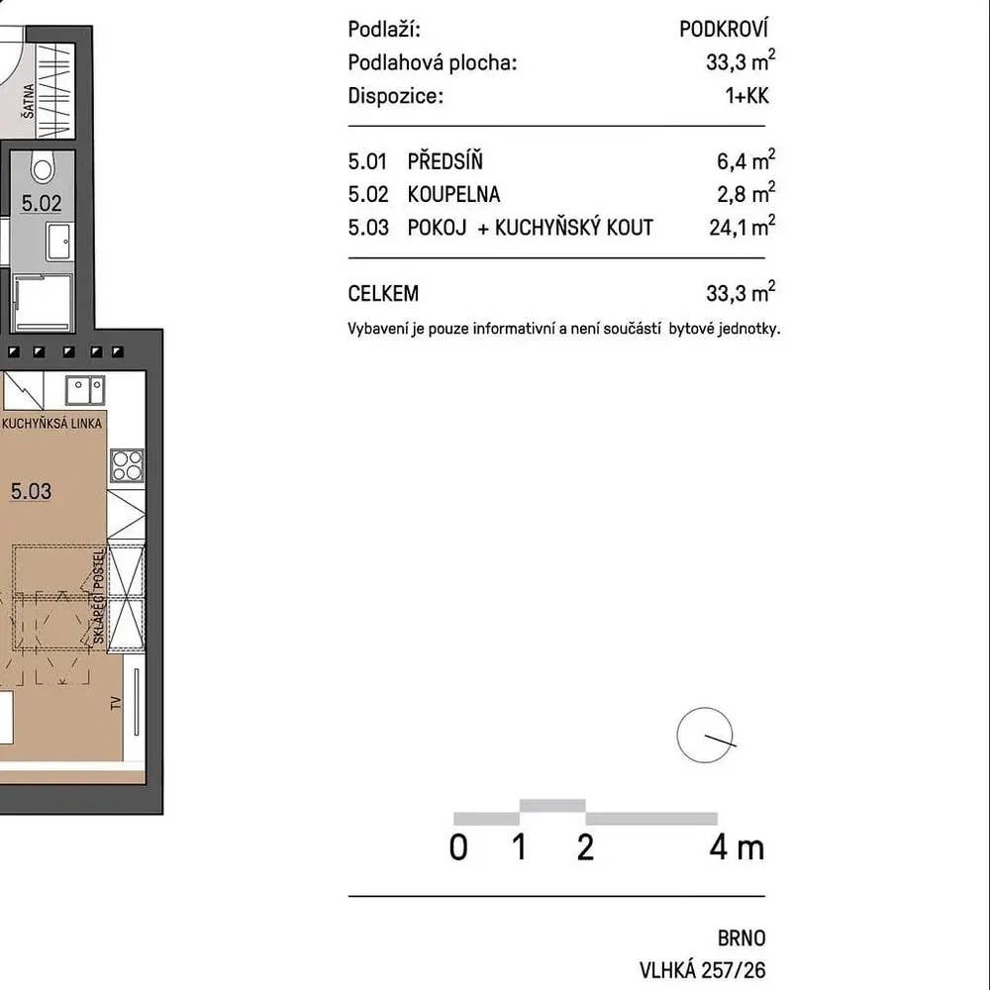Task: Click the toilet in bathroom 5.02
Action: (x=43, y=166)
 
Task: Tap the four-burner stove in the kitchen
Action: (x=127, y=465)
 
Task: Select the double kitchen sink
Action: (x=85, y=391)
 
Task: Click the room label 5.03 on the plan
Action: (x=31, y=491)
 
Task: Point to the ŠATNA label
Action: (x=29, y=101)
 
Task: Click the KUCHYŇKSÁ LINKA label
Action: (x=51, y=423)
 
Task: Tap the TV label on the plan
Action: (x=116, y=703)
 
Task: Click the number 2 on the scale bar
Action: (x=585, y=847)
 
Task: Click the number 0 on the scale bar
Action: (x=458, y=847)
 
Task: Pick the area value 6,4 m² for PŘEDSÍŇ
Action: (x=745, y=160)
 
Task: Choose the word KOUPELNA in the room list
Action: (x=453, y=194)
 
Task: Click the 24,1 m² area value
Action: (x=742, y=226)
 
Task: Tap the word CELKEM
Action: (x=383, y=294)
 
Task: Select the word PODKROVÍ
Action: (x=724, y=29)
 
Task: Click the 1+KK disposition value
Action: (x=746, y=96)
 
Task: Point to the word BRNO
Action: (x=742, y=939)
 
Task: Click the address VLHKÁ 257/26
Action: (x=702, y=970)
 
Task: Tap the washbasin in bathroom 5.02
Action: (x=59, y=242)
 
